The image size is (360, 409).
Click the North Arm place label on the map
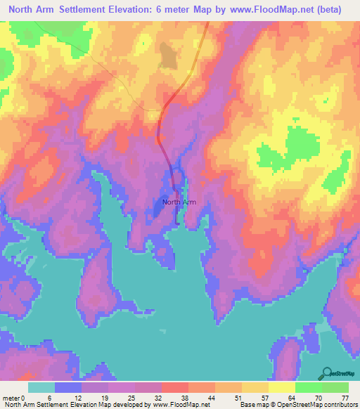pyautogui.click(x=179, y=202)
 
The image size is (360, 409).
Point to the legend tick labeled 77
pyautogui.click(x=345, y=398)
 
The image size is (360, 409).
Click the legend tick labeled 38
pyautogui.click(x=174, y=398)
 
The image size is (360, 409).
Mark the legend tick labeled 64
pyautogui.click(x=282, y=398)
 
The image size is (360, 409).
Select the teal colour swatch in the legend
pyautogui.click(x=41, y=387)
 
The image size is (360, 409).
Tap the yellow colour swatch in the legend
pyautogui.click(x=282, y=387)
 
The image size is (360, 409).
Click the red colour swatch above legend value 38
pyautogui.click(x=175, y=387)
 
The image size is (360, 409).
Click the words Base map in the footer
pyautogui.click(x=249, y=405)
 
